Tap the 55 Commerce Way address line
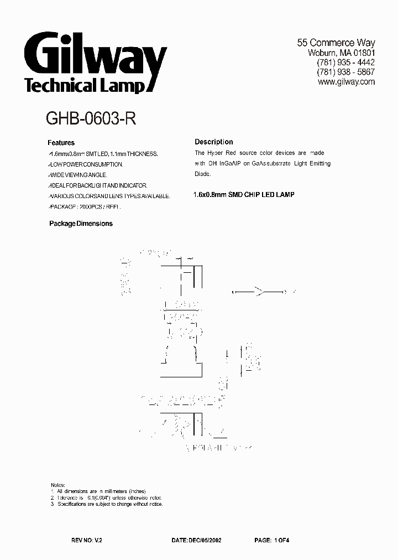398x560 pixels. [336, 43]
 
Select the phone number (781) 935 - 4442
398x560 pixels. [345, 63]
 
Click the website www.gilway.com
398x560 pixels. [347, 82]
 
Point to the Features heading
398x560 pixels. [61, 142]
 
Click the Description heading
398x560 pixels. [214, 142]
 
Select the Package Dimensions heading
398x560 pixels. [81, 224]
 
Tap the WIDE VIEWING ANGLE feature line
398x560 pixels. [82, 175]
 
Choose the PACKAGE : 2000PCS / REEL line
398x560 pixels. [84, 206]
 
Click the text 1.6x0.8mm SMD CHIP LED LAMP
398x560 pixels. [244, 195]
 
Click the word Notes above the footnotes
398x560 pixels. [57, 484]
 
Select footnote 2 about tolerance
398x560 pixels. [107, 497]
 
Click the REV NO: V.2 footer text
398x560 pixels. [87, 538]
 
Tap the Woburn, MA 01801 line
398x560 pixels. [341, 53]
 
